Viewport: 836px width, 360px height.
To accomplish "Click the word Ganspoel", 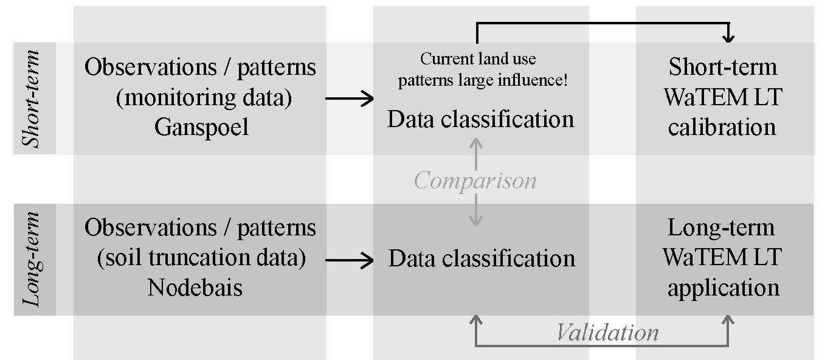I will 201,128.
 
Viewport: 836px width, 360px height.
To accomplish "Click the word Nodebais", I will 195,286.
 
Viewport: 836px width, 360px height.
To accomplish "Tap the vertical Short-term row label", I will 33,99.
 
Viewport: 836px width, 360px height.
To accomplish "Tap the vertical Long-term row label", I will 33,260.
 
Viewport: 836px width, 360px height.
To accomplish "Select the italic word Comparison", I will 475,181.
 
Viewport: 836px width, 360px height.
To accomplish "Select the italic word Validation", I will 607,332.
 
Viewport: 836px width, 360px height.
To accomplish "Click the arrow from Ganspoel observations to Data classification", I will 350,99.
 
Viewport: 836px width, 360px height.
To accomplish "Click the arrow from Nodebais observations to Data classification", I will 350,261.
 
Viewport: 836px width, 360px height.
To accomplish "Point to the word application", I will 724,286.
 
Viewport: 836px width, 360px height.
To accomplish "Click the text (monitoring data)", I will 204,97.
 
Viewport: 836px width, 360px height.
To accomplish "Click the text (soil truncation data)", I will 201,258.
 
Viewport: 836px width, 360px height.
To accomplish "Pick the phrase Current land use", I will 478,59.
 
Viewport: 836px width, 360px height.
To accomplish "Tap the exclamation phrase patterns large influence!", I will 483,80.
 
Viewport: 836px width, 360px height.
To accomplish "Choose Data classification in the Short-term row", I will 480,119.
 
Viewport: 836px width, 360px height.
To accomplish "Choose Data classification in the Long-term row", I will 482,258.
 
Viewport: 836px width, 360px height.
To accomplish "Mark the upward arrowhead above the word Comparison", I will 476,144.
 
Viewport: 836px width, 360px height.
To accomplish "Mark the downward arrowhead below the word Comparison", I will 476,221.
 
